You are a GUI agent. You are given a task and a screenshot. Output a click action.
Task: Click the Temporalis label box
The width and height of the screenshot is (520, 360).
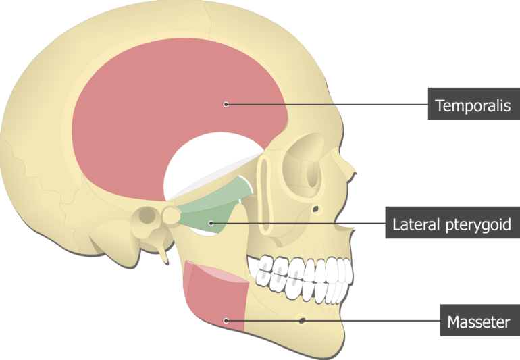click(x=474, y=104)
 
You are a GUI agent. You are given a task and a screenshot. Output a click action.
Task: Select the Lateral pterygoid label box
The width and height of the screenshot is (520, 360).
click(x=452, y=222)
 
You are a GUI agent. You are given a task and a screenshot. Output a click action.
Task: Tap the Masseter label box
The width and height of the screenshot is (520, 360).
click(x=480, y=320)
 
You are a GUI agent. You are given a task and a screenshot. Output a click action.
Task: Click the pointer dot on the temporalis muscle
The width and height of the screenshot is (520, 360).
click(x=226, y=105)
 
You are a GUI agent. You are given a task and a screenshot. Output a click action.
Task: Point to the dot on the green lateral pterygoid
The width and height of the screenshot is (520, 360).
click(x=211, y=223)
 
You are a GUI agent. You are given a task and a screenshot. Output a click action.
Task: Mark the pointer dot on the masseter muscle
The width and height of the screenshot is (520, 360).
click(x=226, y=321)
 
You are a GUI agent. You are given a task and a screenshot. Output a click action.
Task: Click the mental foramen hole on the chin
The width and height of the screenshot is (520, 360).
click(x=302, y=320)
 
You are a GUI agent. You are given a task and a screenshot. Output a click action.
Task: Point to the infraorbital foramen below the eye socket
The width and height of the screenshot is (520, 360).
click(x=316, y=209)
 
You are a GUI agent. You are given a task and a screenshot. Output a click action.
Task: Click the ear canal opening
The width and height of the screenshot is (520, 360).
click(x=148, y=215)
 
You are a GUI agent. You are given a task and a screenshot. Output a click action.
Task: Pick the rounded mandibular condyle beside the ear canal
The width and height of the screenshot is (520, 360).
click(x=171, y=215)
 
